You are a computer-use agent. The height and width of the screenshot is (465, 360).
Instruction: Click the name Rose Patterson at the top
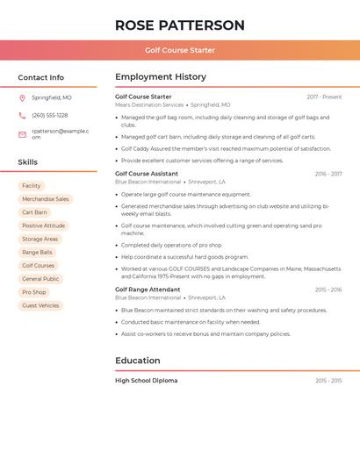pos(180,25)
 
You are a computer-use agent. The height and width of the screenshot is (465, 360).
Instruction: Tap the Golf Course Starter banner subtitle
pos(180,50)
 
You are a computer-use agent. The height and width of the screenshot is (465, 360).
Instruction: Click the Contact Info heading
pos(41,77)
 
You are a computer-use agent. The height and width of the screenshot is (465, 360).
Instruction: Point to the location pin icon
pos(22,98)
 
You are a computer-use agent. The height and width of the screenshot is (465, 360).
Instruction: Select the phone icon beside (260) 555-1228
pos(22,115)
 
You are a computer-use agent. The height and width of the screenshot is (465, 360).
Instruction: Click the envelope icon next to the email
pos(22,134)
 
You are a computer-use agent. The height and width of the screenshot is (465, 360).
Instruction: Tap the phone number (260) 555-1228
pos(50,115)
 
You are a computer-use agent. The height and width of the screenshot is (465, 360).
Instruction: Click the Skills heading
pos(28,162)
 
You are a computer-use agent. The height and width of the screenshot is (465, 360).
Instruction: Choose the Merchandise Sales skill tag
pos(46,199)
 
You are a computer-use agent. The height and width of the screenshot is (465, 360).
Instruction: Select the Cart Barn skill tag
pos(35,212)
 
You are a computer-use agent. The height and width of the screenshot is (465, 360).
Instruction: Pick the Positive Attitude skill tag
pos(44,225)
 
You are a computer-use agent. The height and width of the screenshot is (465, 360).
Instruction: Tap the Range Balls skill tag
pos(38,252)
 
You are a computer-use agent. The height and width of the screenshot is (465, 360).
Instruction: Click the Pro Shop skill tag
pos(34,292)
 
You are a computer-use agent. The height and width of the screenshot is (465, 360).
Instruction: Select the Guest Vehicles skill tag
pos(41,305)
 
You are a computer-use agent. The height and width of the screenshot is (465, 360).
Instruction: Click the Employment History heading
pos(161,77)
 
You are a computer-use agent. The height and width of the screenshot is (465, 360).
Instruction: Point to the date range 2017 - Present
pos(324,97)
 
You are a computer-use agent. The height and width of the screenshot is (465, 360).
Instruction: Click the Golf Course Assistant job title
pos(147,174)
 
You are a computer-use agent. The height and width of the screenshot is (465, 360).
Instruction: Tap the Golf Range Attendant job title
pos(148,290)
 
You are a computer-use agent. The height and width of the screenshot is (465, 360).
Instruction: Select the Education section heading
pos(138,361)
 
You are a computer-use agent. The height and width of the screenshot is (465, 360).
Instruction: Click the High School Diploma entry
pos(147,381)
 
